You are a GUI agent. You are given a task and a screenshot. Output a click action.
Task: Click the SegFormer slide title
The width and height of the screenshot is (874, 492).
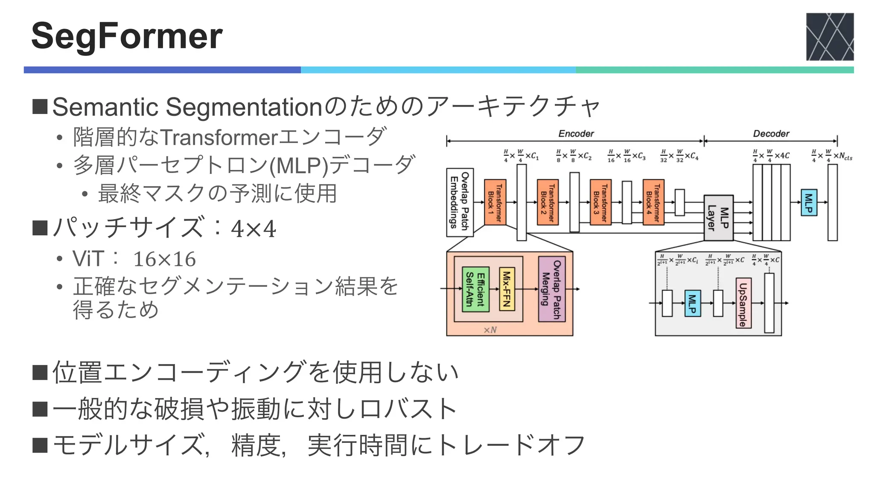(127, 36)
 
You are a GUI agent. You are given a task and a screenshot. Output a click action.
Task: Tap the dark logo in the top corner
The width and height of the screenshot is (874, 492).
(830, 37)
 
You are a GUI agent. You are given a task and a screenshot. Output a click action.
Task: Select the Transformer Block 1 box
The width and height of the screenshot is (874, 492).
(495, 202)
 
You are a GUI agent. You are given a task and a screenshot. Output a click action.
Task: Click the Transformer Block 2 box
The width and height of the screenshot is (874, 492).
(548, 202)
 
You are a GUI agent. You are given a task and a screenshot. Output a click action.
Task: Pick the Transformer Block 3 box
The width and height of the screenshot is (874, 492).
(600, 202)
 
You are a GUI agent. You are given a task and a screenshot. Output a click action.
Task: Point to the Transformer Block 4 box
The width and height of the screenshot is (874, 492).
(653, 202)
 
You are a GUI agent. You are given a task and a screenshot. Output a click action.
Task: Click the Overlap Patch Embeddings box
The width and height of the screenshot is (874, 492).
(460, 202)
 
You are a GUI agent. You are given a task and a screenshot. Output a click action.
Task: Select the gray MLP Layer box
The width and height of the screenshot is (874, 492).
(718, 218)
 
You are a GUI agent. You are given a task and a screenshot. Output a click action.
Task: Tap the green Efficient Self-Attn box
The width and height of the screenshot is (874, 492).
(475, 289)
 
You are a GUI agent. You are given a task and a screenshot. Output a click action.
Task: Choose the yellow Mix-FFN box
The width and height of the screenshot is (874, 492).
(507, 289)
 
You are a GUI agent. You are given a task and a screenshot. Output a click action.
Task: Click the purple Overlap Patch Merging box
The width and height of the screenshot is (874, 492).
(551, 289)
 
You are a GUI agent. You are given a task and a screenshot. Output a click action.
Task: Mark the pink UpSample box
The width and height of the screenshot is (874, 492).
(743, 303)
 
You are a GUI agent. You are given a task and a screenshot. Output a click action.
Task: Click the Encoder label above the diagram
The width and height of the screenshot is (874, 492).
(576, 134)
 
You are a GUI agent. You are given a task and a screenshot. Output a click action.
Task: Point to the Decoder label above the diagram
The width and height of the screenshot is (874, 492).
(771, 134)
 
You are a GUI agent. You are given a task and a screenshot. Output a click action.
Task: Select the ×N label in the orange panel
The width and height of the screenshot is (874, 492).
(490, 330)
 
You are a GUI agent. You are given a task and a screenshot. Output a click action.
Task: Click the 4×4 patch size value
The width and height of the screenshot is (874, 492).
(253, 229)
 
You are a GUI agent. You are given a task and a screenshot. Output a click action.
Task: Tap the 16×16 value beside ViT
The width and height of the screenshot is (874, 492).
(164, 259)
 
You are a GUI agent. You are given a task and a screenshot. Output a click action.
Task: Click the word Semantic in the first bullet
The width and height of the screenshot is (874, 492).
(105, 107)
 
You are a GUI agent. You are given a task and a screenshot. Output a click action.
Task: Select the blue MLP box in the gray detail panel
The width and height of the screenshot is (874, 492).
(692, 303)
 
